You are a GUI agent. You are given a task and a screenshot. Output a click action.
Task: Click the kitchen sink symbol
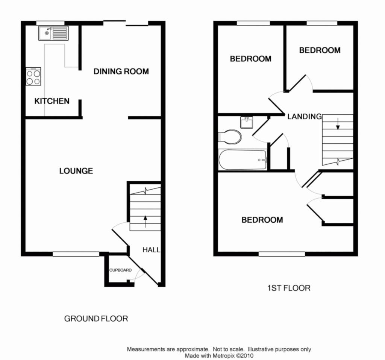tap(53, 33)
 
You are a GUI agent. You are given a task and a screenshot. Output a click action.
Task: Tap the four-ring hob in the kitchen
tap(33, 77)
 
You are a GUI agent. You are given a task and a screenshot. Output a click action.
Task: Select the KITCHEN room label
tap(52, 101)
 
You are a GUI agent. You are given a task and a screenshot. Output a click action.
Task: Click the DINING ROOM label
tap(121, 71)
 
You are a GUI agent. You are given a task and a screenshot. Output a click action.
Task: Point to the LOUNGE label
tap(76, 171)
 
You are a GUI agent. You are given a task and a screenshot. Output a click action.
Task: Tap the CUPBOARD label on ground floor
tap(120, 270)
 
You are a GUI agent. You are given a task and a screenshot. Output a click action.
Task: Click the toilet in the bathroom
tap(230, 137)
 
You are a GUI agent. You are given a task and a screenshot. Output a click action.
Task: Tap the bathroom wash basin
tap(247, 122)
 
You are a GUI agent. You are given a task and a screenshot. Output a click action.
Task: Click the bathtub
tap(242, 160)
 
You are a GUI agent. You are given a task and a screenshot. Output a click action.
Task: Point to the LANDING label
tap(305, 117)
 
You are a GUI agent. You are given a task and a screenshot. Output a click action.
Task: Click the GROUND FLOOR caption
tap(96, 319)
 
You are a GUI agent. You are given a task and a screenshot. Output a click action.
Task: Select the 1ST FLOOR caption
tap(289, 289)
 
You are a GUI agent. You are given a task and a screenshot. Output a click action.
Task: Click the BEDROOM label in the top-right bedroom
tap(320, 50)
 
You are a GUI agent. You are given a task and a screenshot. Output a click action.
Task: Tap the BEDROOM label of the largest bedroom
tap(262, 220)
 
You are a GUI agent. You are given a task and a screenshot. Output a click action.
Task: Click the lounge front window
tap(76, 254)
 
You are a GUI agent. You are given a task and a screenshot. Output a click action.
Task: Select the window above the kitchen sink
tap(50, 23)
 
